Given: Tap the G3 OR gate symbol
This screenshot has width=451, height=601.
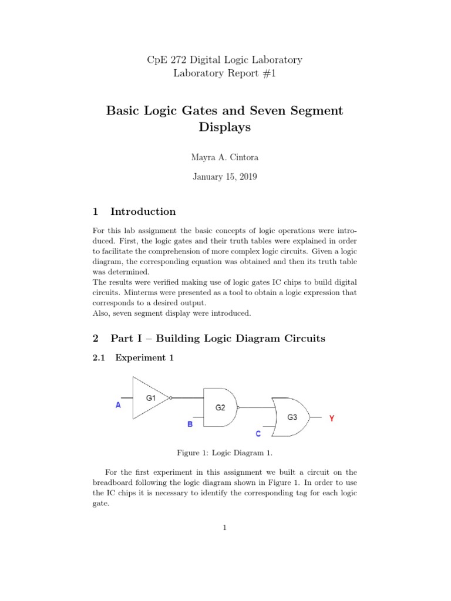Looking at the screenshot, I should [292, 417].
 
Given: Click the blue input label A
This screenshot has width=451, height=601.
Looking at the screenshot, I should [119, 405].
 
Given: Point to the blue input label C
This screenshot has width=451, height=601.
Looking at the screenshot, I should [257, 434].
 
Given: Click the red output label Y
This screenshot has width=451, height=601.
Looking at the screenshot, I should [332, 418].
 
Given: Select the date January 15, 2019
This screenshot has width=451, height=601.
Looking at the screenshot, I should [225, 177].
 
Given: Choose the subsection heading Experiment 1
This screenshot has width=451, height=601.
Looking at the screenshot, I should [144, 357].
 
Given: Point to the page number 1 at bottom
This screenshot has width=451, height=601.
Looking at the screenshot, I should [225, 528].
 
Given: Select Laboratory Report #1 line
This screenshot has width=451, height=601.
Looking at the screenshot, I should [225, 73].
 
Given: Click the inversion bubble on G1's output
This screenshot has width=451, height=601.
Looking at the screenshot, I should [171, 397].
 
